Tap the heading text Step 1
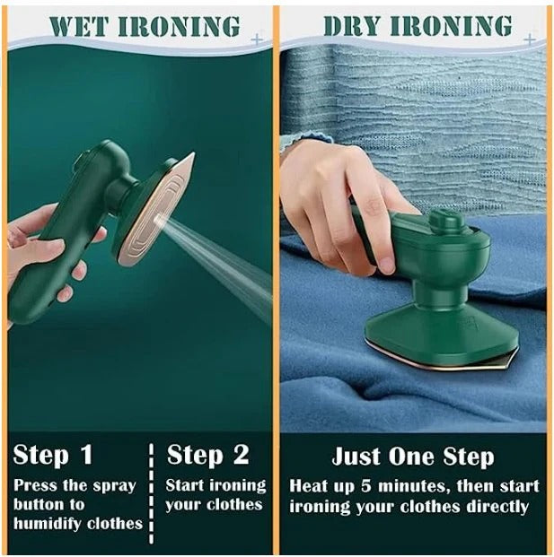pyautogui.click(x=53, y=454)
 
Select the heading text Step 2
pyautogui.click(x=208, y=454)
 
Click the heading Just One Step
pyautogui.click(x=412, y=456)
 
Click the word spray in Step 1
pyautogui.click(x=112, y=485)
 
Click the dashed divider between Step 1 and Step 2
pyautogui.click(x=151, y=490)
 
